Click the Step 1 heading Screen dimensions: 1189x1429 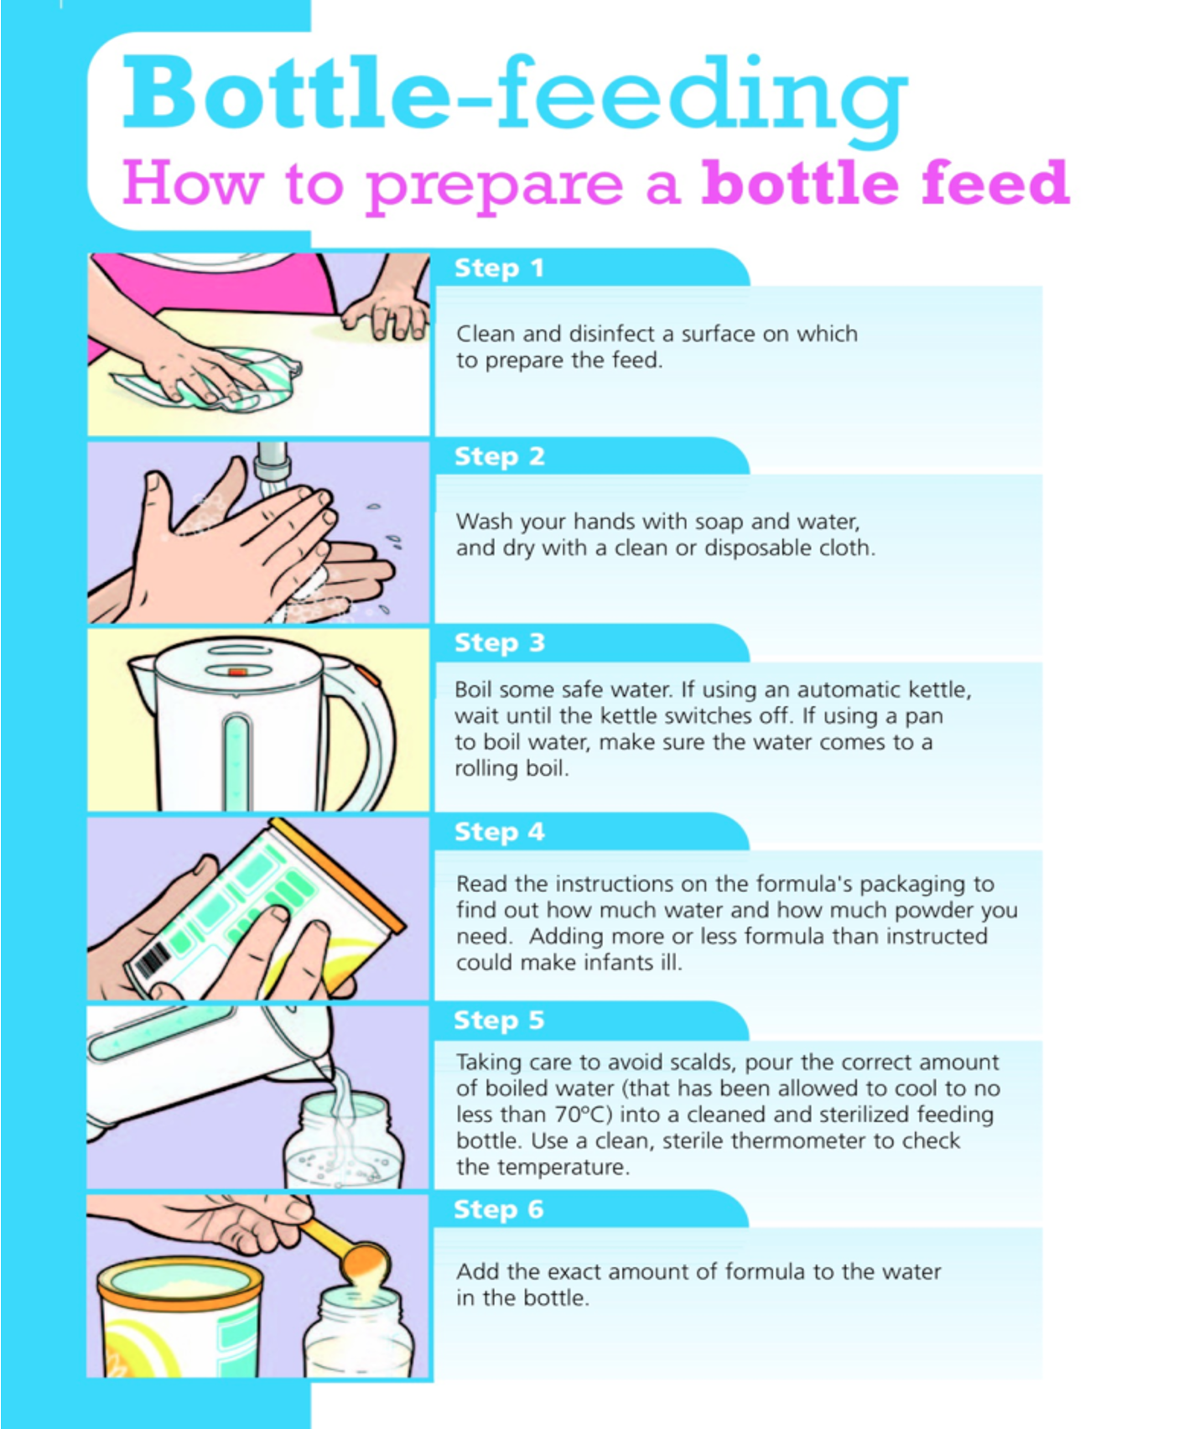point(499,268)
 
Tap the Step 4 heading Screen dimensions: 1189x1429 point(499,832)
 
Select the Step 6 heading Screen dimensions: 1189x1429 point(499,1209)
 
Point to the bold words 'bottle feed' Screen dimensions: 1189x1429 point(885,183)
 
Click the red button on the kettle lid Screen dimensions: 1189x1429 point(238,672)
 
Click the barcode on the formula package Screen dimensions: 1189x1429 point(152,959)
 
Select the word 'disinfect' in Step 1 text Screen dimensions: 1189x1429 point(615,334)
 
